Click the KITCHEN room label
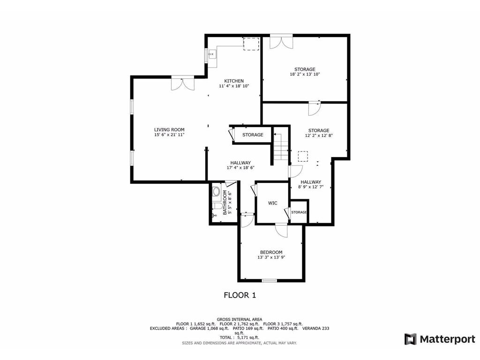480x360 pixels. (234, 81)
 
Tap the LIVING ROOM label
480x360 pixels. (169, 129)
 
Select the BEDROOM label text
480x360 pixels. (271, 252)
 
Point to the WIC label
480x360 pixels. (273, 203)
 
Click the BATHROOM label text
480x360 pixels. (225, 202)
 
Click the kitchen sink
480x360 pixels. (212, 54)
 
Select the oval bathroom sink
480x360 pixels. (216, 192)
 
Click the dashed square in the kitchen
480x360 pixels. (251, 44)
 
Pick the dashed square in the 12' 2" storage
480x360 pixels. (303, 156)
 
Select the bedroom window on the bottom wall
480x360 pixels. (270, 280)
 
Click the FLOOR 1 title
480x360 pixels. (240, 295)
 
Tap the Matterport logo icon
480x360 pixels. (410, 339)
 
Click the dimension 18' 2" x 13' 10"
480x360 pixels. (305, 74)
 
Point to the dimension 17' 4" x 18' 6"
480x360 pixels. (240, 168)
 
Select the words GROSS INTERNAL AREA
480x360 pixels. (240, 319)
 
